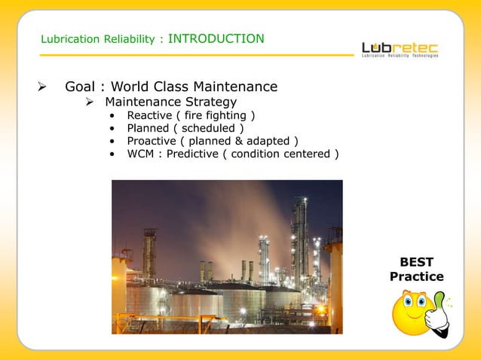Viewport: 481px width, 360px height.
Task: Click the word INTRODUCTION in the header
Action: pos(216,38)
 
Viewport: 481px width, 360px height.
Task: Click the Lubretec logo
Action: pos(400,48)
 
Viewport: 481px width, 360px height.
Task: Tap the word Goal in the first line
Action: pos(80,87)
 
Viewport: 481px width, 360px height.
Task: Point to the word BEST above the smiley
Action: pos(416,262)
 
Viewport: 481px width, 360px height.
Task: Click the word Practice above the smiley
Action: pos(416,276)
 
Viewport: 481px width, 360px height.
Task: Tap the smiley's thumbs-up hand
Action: pos(435,316)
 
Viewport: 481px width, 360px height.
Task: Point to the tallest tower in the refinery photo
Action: pos(299,233)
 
